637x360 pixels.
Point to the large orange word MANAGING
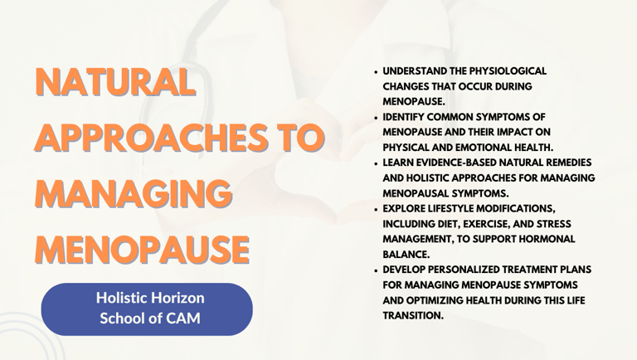click(134, 192)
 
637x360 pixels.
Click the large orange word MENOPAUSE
click(142, 249)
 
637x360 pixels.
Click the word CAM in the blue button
click(182, 319)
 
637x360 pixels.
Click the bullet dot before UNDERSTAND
click(376, 71)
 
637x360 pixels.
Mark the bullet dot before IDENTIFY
click(376, 118)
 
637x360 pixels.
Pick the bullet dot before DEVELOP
click(376, 270)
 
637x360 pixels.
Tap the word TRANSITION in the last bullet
click(413, 315)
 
